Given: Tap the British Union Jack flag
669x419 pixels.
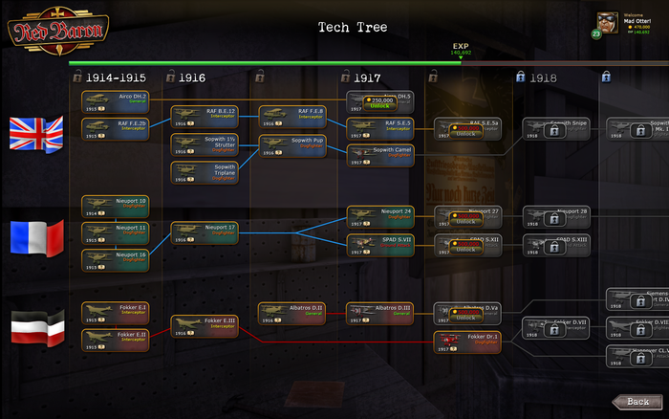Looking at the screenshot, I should point(35,133).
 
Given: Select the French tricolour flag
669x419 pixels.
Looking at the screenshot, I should point(35,237).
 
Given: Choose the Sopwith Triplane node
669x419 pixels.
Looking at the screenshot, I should point(204,173).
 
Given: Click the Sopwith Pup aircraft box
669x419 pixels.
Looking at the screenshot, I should point(291,145).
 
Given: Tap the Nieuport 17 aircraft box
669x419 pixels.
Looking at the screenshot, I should point(204,233).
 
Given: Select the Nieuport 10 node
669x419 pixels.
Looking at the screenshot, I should point(115,205).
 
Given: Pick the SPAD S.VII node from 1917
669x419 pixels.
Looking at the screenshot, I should point(379,243).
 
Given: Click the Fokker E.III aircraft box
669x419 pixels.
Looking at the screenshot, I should point(204,325).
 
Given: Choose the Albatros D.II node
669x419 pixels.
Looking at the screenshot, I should point(291,313).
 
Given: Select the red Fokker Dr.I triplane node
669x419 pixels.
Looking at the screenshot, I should point(467,342).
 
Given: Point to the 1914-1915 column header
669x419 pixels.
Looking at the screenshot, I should point(116,77).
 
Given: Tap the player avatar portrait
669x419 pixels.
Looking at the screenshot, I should point(606,22).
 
